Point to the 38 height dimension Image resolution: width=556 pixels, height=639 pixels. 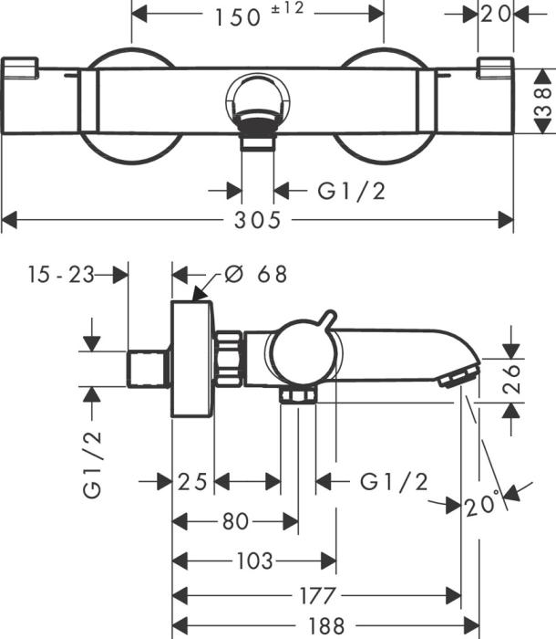(541, 97)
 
